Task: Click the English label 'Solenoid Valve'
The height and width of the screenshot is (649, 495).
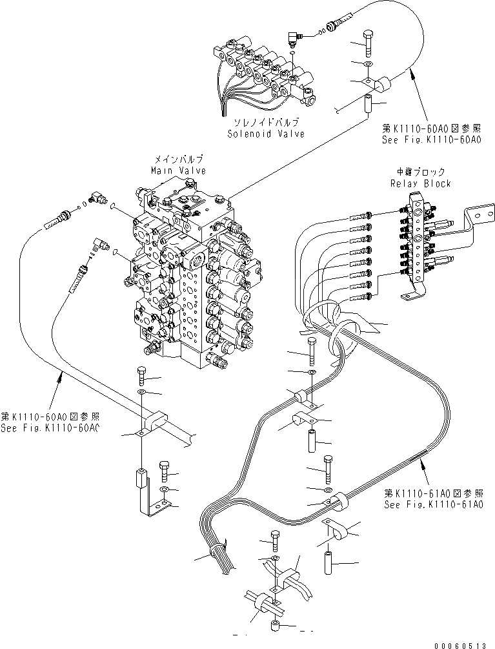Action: (x=266, y=134)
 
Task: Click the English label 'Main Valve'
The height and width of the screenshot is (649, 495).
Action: (x=179, y=170)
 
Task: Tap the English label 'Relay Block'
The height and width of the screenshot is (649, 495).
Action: (x=420, y=183)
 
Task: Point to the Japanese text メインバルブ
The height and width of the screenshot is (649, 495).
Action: (x=179, y=159)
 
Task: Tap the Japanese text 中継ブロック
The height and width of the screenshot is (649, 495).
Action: (x=420, y=172)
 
